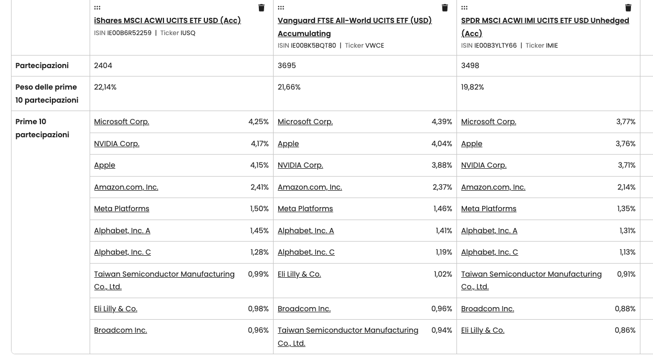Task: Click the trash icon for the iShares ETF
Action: [x=262, y=8]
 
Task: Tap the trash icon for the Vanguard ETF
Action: [x=445, y=8]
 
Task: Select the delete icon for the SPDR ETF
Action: [x=628, y=8]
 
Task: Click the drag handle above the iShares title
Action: [x=97, y=8]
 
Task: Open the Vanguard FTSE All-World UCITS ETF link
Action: [x=354, y=21]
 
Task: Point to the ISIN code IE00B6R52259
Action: [x=129, y=33]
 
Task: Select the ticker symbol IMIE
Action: [x=552, y=46]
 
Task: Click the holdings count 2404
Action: [x=103, y=66]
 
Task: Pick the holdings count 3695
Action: [x=287, y=66]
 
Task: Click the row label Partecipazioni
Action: [x=42, y=66]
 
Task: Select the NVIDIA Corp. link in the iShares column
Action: [x=116, y=144]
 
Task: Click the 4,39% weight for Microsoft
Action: [x=442, y=122]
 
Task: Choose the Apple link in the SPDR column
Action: [x=472, y=144]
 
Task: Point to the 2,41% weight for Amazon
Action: [x=259, y=187]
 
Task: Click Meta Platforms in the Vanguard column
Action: [x=305, y=209]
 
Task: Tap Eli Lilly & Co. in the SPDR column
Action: [x=483, y=330]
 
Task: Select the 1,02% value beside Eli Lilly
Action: [x=442, y=274]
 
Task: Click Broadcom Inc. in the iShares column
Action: [x=121, y=330]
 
